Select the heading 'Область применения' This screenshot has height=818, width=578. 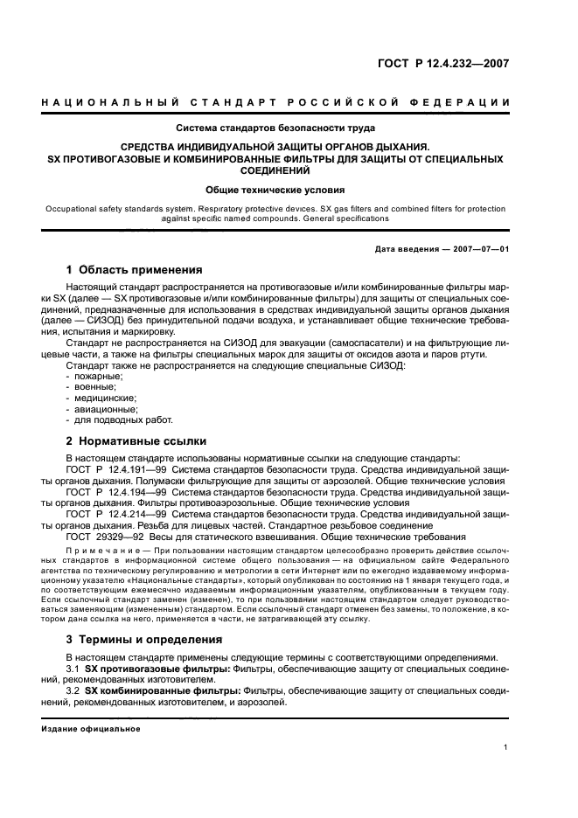(135, 269)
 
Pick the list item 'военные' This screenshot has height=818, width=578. (94, 385)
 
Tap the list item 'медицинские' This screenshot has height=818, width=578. (100, 397)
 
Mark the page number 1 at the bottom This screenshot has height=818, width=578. (505, 748)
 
